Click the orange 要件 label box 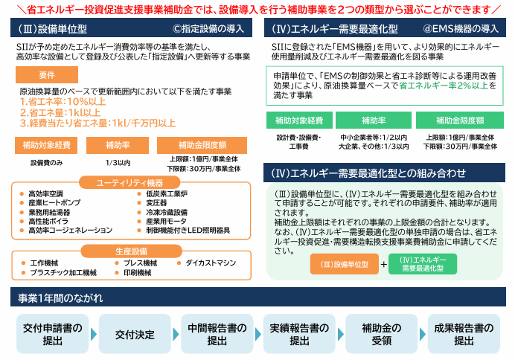click(47, 75)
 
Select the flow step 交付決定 click(135, 334)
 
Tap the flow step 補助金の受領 click(381, 334)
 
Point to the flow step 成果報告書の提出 click(464, 334)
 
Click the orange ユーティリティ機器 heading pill click(129, 182)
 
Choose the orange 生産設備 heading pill click(131, 251)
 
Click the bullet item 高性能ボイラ click(48, 221)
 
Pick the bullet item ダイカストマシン click(211, 263)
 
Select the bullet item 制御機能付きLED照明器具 click(188, 231)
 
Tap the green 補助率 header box click(374, 120)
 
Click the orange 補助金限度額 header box click(202, 145)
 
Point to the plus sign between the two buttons click(383, 264)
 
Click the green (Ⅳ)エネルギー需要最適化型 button click(423, 264)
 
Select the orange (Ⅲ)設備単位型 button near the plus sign click(345, 264)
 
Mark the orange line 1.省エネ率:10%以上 click(63, 102)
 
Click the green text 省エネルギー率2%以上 click(444, 86)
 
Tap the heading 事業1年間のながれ click(60, 298)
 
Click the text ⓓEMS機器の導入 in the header click(461, 29)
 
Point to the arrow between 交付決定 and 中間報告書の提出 click(176, 335)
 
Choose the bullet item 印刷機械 click(137, 273)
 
